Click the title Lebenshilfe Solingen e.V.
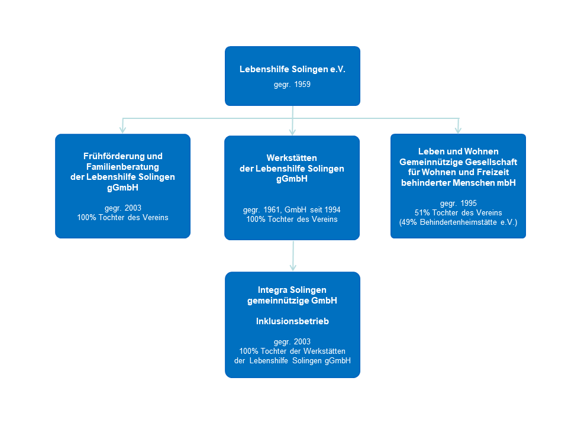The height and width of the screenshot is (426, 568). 292,69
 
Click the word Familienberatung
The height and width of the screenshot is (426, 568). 122,166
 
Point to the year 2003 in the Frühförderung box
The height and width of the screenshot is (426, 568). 131,208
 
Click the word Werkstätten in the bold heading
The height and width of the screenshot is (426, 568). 292,158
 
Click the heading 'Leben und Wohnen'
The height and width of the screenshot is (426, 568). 458,152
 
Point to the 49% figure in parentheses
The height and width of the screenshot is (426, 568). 411,222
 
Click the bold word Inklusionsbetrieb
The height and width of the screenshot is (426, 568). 292,321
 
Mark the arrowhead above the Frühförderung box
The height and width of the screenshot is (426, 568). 122,130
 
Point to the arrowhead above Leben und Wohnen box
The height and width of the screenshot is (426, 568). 458,130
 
